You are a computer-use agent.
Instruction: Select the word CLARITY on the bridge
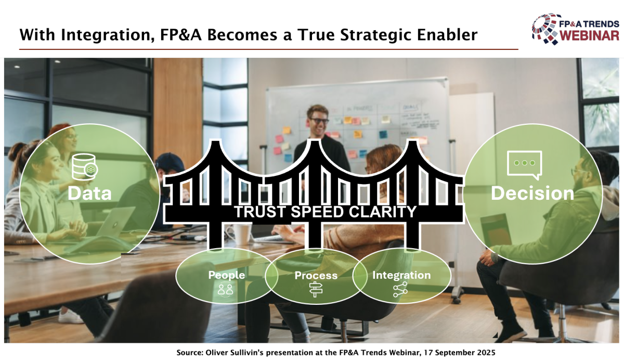(x=383, y=212)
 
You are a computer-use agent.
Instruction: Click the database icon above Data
(x=85, y=166)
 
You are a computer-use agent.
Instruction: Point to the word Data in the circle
(x=89, y=193)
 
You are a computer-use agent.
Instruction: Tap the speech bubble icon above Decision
(x=525, y=165)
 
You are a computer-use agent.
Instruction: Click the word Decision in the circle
(x=532, y=193)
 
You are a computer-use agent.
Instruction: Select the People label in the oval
(x=227, y=275)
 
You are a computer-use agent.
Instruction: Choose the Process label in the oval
(x=316, y=275)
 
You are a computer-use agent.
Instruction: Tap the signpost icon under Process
(x=316, y=289)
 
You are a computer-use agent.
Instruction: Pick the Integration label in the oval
(x=401, y=275)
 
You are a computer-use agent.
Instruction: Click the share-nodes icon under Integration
(x=400, y=289)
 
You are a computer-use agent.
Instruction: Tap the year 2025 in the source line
(x=486, y=353)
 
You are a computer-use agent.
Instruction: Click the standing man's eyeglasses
(x=319, y=121)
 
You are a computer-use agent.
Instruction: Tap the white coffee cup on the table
(x=241, y=235)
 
